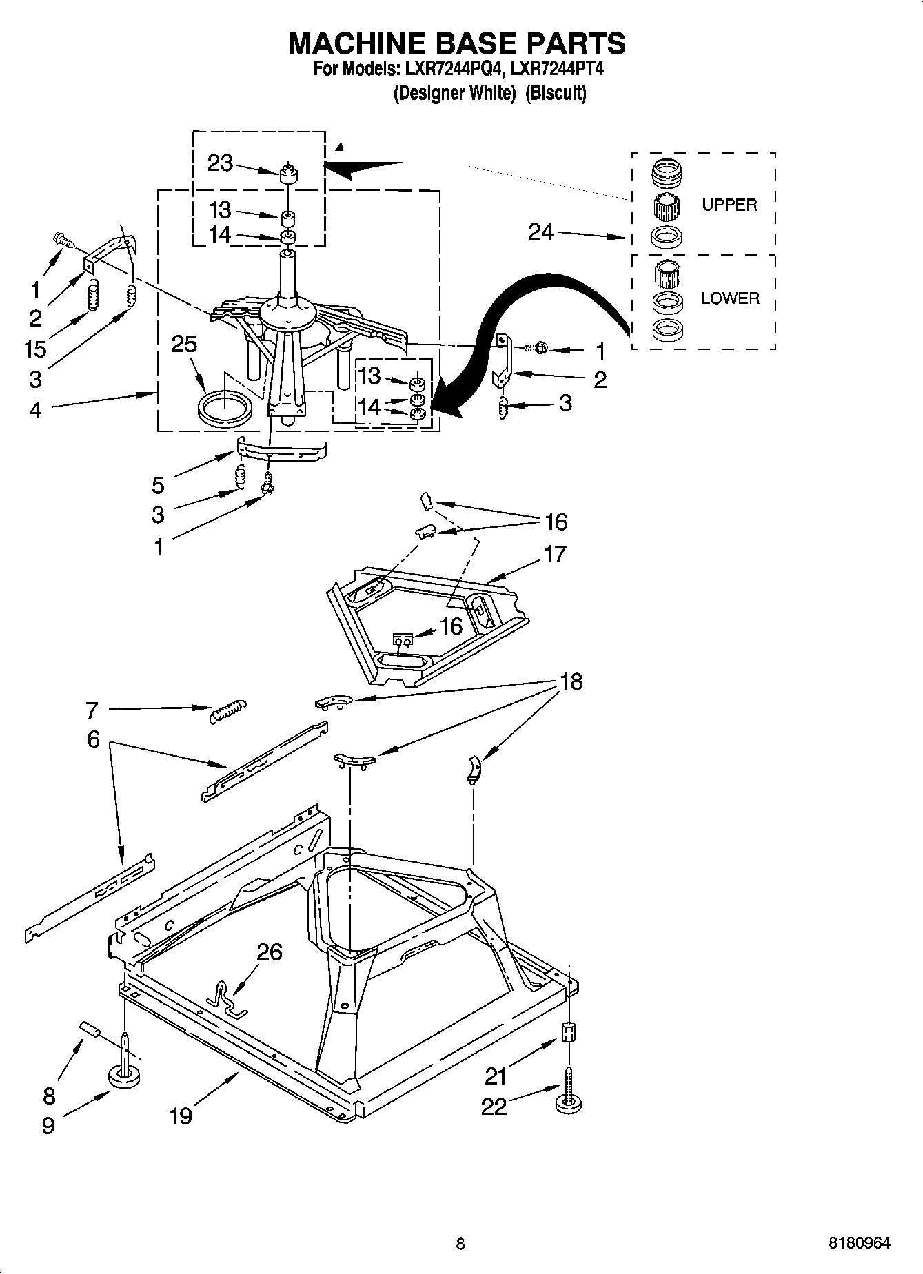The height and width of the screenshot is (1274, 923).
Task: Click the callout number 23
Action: [220, 163]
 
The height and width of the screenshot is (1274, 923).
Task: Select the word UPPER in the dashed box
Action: [729, 205]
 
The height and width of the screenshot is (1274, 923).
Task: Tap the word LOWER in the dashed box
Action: [729, 298]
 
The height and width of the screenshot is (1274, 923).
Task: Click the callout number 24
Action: [540, 232]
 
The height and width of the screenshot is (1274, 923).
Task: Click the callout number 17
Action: [555, 554]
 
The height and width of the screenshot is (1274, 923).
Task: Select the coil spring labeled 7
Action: [226, 710]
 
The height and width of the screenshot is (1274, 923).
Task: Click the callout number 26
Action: [270, 952]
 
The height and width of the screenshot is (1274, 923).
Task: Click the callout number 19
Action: [181, 1116]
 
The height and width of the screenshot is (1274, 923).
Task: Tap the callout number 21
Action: [496, 1076]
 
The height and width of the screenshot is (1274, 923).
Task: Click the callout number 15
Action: [34, 349]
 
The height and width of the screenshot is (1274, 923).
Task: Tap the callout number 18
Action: [571, 681]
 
